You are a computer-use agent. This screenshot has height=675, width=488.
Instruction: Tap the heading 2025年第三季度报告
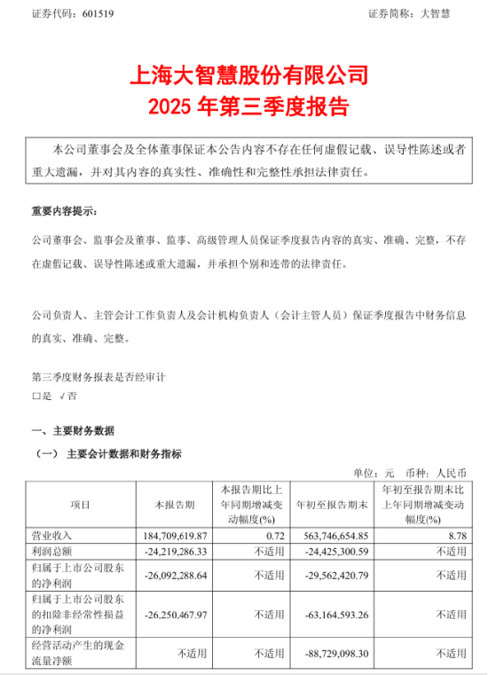(x=243, y=106)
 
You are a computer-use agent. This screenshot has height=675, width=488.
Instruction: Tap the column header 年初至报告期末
(x=332, y=505)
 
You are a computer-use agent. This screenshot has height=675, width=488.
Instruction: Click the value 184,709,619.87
(x=169, y=536)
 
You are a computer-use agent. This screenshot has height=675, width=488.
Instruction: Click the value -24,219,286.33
(x=168, y=553)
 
